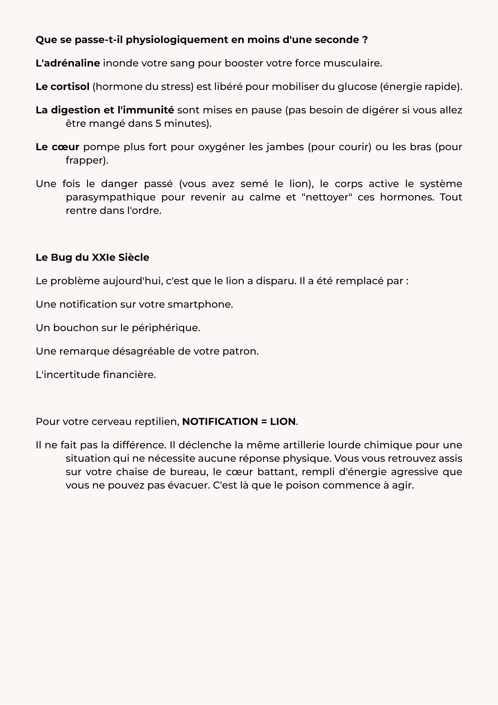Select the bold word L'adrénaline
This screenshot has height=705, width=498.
tap(68, 63)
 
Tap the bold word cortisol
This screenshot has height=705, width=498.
tap(70, 87)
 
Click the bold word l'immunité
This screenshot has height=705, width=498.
tap(146, 110)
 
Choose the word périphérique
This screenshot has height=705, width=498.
tap(166, 328)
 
